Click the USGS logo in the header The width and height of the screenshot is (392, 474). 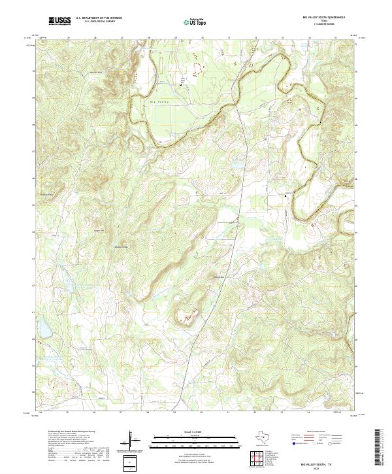(59, 21)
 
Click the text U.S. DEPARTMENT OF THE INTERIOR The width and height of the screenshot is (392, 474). (99, 18)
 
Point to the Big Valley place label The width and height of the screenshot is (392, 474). (159, 102)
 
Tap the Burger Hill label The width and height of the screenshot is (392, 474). (99, 230)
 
